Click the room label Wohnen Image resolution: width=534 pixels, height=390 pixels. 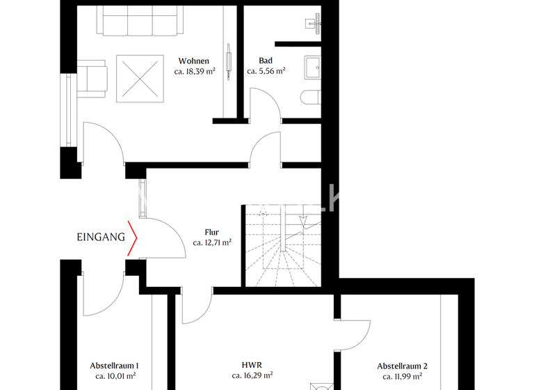point(194,61)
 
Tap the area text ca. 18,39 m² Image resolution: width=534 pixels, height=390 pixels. point(194,71)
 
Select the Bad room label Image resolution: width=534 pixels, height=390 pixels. point(266,61)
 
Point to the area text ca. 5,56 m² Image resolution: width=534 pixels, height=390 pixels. point(266,71)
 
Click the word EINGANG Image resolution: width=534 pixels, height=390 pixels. point(101,237)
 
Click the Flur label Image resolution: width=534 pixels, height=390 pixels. point(212,233)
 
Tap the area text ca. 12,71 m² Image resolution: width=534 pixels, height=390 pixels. point(212,243)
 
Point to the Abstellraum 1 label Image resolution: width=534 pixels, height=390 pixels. point(115,366)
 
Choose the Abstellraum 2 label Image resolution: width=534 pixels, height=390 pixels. point(402,366)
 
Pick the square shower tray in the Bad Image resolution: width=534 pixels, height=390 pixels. point(312,68)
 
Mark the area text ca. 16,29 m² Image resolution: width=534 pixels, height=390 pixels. point(252,376)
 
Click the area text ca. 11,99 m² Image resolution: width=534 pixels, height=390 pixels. point(402,376)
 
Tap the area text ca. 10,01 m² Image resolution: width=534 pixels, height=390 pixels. point(115,376)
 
